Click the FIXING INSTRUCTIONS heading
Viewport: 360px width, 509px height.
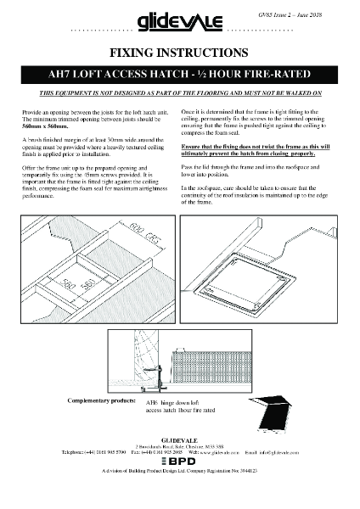(179, 52)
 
